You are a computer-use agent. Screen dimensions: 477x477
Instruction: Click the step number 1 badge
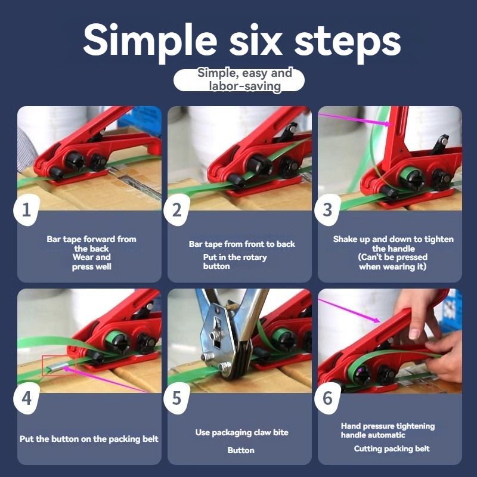26,210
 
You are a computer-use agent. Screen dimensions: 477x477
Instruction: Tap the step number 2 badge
176,210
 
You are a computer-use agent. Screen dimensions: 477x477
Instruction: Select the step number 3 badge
327,210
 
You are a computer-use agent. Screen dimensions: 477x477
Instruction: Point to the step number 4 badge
26,398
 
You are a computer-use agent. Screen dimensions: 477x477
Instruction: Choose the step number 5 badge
176,398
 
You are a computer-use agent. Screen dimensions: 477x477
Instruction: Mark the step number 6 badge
327,398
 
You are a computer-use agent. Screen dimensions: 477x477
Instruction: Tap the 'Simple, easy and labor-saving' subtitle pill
239,80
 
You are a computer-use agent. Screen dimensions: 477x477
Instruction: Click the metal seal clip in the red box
55,367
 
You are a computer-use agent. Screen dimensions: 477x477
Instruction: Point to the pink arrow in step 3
354,119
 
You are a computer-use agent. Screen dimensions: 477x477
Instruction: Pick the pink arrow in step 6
349,310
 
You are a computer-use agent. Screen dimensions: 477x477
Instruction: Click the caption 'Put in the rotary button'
235,262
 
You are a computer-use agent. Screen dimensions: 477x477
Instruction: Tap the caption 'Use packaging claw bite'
242,432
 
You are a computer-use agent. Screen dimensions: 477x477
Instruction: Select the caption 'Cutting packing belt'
392,449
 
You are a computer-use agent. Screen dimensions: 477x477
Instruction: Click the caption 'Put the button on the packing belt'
89,439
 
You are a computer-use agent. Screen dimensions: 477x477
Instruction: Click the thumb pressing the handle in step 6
414,329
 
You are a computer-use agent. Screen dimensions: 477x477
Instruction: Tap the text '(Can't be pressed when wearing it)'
393,262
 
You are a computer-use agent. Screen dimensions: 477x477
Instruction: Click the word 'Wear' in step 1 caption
82,257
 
